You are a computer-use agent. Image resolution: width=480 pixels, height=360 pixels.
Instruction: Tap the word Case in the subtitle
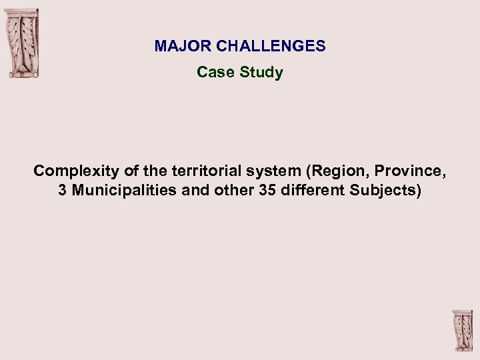[213, 72]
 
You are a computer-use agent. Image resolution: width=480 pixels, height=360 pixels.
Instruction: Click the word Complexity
[77, 171]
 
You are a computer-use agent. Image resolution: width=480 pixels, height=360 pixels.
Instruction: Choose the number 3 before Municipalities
[62, 191]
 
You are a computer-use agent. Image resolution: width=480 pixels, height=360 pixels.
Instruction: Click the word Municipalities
[124, 191]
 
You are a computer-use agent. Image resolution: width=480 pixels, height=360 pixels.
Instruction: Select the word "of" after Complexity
[131, 171]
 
